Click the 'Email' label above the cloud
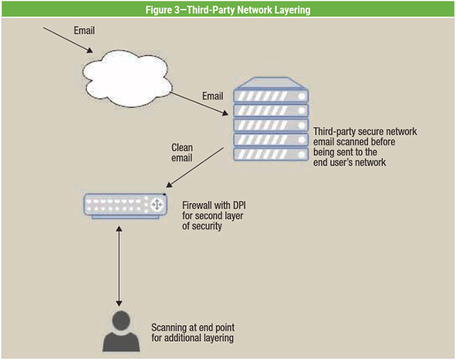[83, 31]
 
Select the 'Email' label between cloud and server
[213, 95]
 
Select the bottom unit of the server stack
[271, 154]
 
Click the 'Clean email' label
[182, 152]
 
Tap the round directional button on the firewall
[155, 204]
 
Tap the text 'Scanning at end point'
[192, 328]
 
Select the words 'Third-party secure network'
[365, 132]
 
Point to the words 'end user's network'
[350, 162]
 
